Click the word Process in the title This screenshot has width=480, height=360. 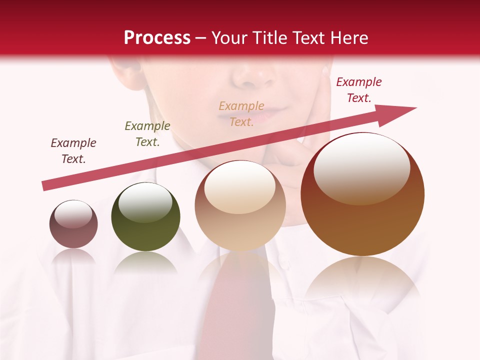(157, 38)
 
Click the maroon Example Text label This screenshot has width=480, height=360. (73, 151)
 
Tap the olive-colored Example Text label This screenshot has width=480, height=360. (147, 134)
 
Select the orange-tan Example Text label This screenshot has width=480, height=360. (241, 113)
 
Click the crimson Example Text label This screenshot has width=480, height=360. (359, 90)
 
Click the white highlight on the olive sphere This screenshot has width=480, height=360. (145, 202)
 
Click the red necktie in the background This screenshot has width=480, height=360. (237, 310)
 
